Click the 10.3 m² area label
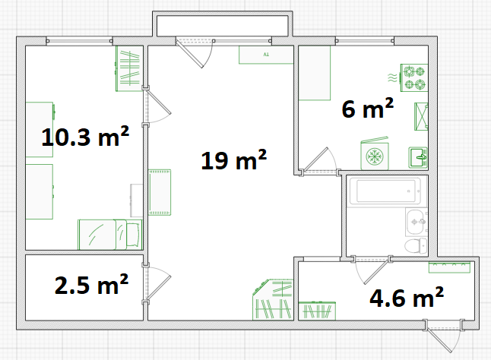pos(85,137)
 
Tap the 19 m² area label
pos(233,159)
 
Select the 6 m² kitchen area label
pos(368,108)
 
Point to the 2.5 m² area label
pos(91,284)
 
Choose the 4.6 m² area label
pos(407,297)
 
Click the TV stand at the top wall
pos(266,55)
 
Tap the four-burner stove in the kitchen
pos(414,78)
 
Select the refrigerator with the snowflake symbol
pos(375,154)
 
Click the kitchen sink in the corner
pos(418,158)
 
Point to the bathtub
pos(385,191)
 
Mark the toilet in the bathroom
pos(416,245)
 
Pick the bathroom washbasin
pos(416,222)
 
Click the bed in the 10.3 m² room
pos(110,235)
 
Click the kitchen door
pos(318,160)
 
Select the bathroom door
pos(372,270)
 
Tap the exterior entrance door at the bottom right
pos(443,336)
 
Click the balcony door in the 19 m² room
pos(195,53)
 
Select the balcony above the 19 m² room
pos(223,26)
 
